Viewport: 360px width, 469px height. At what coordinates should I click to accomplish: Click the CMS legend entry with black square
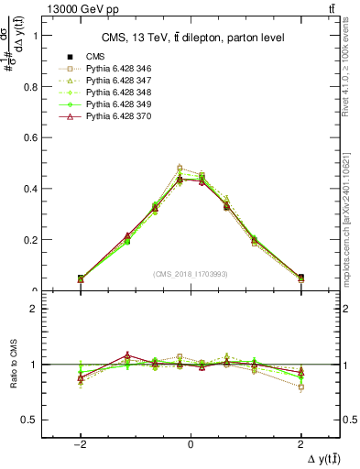click(95, 57)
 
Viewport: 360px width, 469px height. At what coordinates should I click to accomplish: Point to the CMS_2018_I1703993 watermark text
click(191, 273)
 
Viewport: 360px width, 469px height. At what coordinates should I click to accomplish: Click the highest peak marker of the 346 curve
click(180, 169)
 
